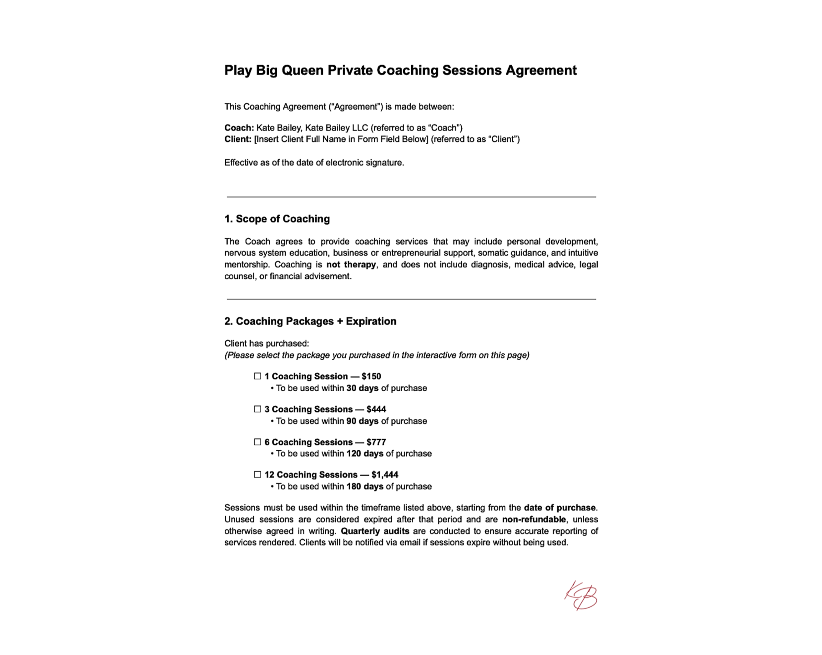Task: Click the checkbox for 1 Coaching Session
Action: [x=257, y=376]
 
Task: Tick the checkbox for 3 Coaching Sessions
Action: [x=257, y=409]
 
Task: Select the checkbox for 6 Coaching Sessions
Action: [x=257, y=442]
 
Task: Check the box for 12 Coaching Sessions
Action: [x=257, y=474]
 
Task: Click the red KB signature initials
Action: [x=581, y=595]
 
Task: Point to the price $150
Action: [x=371, y=376]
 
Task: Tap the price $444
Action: [x=376, y=409]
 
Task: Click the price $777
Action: [x=376, y=442]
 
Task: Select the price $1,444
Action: [x=385, y=475]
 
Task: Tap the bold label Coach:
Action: [x=239, y=128]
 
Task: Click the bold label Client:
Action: [x=238, y=139]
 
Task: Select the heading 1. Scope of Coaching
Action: [x=277, y=219]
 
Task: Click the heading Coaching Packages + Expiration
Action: [x=316, y=321]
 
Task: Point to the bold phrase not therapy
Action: [x=351, y=265]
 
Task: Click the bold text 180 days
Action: [x=365, y=487]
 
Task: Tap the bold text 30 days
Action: [x=362, y=388]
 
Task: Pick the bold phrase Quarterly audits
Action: [x=375, y=531]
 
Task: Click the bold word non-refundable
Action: [x=534, y=519]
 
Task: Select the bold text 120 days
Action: [x=365, y=453]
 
